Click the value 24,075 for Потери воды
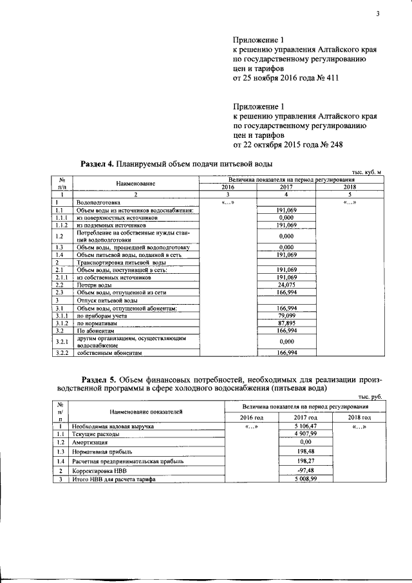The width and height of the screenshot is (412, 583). [286, 284]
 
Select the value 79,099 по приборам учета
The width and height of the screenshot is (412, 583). [286, 316]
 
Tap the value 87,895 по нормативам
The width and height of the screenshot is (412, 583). [286, 323]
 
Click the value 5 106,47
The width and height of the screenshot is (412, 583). [286, 426]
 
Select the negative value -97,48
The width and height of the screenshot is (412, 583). [286, 471]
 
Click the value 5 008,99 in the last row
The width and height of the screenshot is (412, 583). [286, 479]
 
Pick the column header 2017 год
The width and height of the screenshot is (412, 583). [286, 418]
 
